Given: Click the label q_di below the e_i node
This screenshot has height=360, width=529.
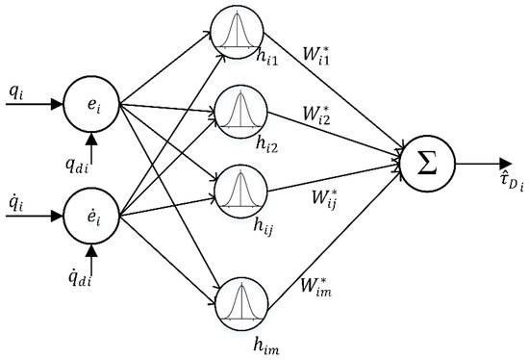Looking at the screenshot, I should pos(88,165).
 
